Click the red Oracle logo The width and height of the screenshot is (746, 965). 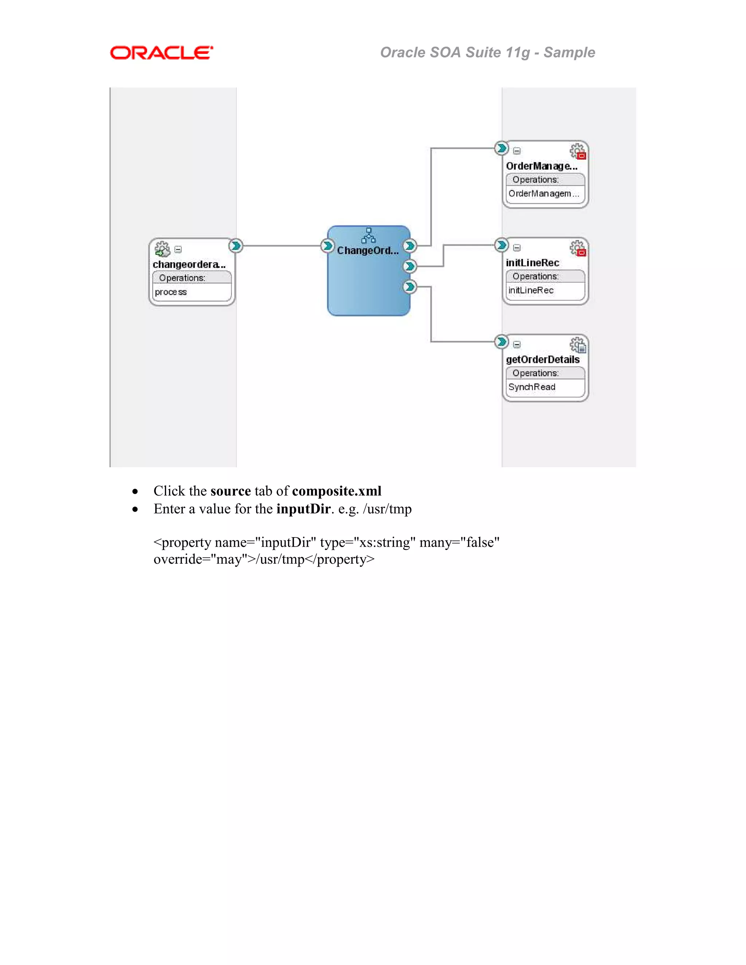pyautogui.click(x=161, y=53)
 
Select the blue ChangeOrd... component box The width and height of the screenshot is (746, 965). pyautogui.click(x=368, y=283)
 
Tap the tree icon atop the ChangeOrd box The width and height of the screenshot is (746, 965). pyautogui.click(x=368, y=236)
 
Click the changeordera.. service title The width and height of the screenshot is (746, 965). pyautogui.click(x=189, y=264)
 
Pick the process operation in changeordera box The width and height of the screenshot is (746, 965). pyautogui.click(x=171, y=292)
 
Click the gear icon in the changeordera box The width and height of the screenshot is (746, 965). pyautogui.click(x=162, y=249)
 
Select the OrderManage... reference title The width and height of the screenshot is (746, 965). pyautogui.click(x=541, y=166)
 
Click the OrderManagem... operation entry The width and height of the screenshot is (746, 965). pyautogui.click(x=543, y=193)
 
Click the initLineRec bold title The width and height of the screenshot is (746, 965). pyautogui.click(x=533, y=263)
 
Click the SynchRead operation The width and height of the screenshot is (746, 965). pyautogui.click(x=532, y=387)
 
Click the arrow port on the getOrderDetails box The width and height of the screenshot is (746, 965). pyautogui.click(x=501, y=342)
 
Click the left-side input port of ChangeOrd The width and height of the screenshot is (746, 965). pyautogui.click(x=327, y=246)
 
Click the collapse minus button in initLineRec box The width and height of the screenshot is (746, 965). pyautogui.click(x=517, y=248)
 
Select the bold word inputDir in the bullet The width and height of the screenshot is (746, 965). pyautogui.click(x=303, y=509)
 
